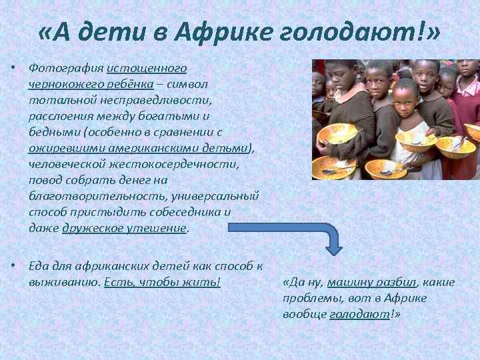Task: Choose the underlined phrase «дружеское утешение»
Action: click(x=124, y=228)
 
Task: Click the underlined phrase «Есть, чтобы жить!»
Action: click(x=162, y=281)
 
